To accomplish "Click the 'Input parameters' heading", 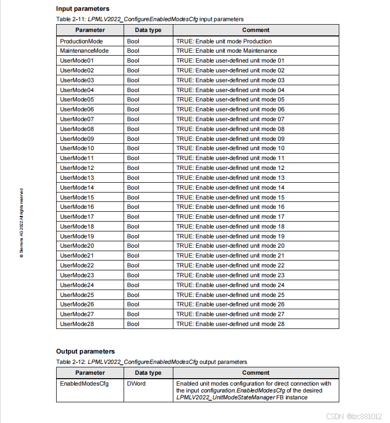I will [83, 8].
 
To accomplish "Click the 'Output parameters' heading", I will [85, 351].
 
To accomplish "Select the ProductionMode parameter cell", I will [81, 41].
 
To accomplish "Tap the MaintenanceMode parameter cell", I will [84, 51].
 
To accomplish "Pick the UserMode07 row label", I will [77, 119].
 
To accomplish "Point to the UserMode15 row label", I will [77, 197].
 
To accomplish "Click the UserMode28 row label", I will [77, 324].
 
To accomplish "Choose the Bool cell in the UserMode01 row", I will [133, 61].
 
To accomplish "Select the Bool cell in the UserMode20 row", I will [133, 246].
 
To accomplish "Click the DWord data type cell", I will [136, 383].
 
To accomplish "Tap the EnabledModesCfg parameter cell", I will [84, 383].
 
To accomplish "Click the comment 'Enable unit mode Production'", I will [224, 41].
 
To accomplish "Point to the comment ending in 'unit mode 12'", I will [230, 168].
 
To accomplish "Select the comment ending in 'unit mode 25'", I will [230, 295].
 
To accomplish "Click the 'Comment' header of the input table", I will [256, 30].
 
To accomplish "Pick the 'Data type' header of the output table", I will [148, 373].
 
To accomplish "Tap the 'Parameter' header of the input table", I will [90, 30].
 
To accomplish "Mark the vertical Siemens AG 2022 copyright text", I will [21, 223].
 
